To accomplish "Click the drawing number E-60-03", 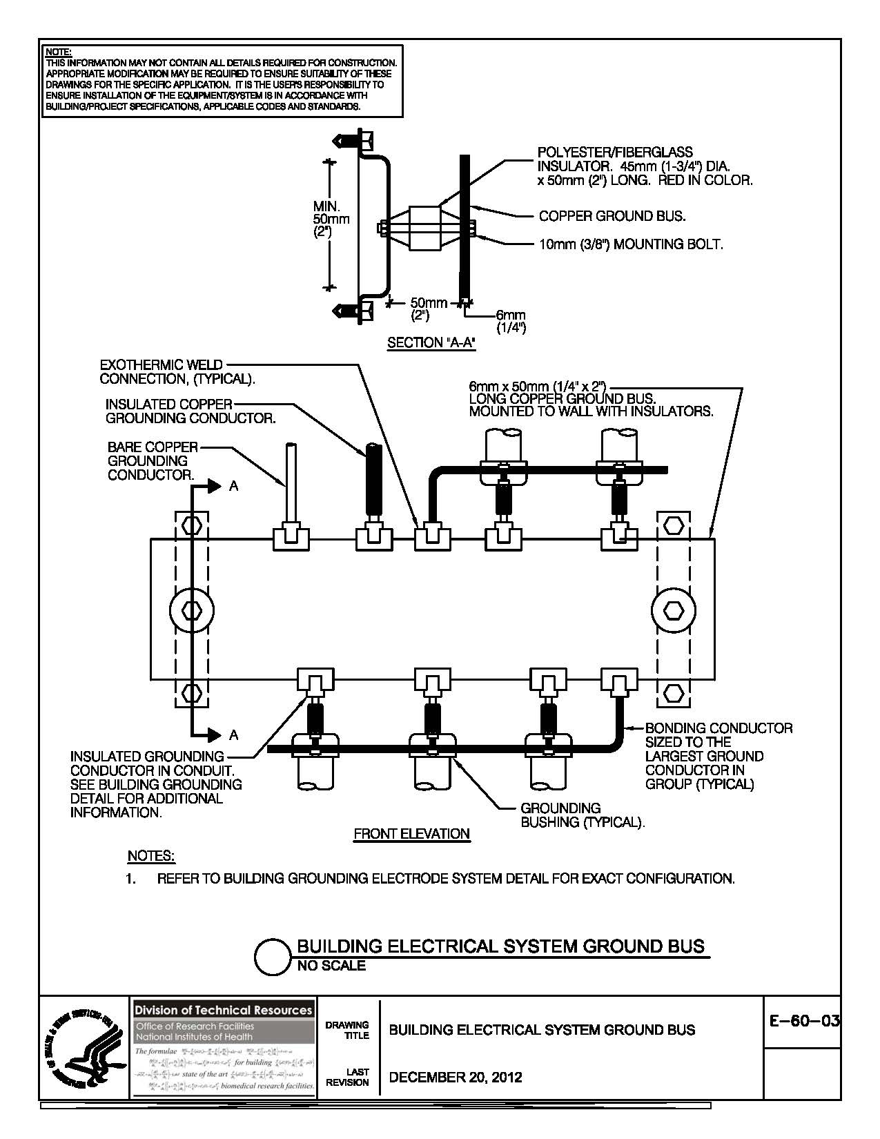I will (x=803, y=1021).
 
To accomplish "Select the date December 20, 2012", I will (x=456, y=1077).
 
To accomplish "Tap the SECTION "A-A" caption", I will (x=431, y=342).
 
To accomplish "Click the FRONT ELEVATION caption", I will (x=411, y=834).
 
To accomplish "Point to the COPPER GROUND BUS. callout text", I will (x=612, y=216).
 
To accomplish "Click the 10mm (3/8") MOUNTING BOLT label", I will (x=631, y=244).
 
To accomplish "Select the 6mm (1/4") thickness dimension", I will (x=511, y=322).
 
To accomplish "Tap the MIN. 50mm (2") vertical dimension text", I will (x=331, y=219).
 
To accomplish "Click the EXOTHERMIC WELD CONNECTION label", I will (x=177, y=371).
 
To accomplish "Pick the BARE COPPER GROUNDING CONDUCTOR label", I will (x=153, y=460).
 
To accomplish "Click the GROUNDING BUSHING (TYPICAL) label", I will (x=582, y=815).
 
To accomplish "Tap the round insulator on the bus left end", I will (x=191, y=610).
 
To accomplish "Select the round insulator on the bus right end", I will (x=673, y=610).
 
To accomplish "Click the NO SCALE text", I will (x=331, y=966).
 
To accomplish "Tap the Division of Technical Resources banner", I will (x=224, y=1010).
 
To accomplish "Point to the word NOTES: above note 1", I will (x=151, y=856).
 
